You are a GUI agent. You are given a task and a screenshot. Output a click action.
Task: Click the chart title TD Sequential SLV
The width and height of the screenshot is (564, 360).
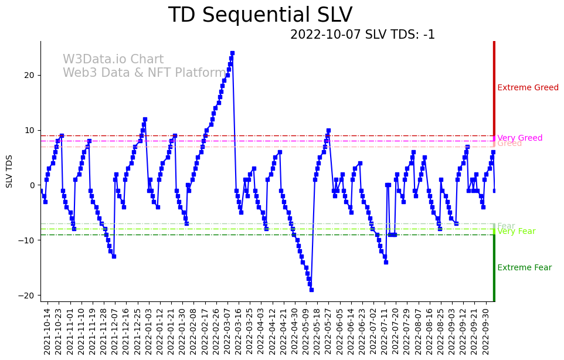(x=260, y=15)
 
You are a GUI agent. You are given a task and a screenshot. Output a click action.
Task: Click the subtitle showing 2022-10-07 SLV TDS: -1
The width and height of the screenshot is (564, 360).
(x=362, y=35)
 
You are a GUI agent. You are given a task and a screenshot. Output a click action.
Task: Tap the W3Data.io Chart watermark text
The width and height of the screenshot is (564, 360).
(x=113, y=60)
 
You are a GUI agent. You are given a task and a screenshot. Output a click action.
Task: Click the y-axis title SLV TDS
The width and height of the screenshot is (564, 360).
(x=9, y=171)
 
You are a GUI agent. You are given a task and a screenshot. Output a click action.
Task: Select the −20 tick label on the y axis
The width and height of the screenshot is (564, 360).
(x=28, y=296)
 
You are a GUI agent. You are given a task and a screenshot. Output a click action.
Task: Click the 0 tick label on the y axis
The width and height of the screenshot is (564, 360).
(x=33, y=185)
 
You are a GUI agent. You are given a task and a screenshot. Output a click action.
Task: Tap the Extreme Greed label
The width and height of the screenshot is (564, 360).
(x=528, y=88)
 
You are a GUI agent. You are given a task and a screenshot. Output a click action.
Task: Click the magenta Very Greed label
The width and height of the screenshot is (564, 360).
(x=519, y=138)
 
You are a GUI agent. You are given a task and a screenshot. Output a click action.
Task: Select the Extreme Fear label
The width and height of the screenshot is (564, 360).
(x=524, y=268)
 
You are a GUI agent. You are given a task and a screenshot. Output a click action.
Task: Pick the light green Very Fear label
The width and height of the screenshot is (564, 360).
(x=516, y=232)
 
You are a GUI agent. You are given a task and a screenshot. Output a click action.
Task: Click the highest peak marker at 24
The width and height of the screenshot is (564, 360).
(x=232, y=53)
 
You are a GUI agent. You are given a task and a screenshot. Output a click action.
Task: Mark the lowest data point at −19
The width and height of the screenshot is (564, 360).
(x=311, y=290)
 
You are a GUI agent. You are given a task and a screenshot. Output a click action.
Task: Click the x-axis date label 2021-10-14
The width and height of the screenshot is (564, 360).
(x=47, y=331)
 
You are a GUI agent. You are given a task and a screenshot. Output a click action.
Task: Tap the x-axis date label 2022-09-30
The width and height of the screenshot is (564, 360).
(x=486, y=331)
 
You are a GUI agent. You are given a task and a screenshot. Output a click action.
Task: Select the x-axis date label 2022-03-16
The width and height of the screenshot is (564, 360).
(x=237, y=331)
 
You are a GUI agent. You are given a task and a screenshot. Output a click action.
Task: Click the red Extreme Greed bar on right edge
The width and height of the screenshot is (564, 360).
(x=494, y=88)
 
